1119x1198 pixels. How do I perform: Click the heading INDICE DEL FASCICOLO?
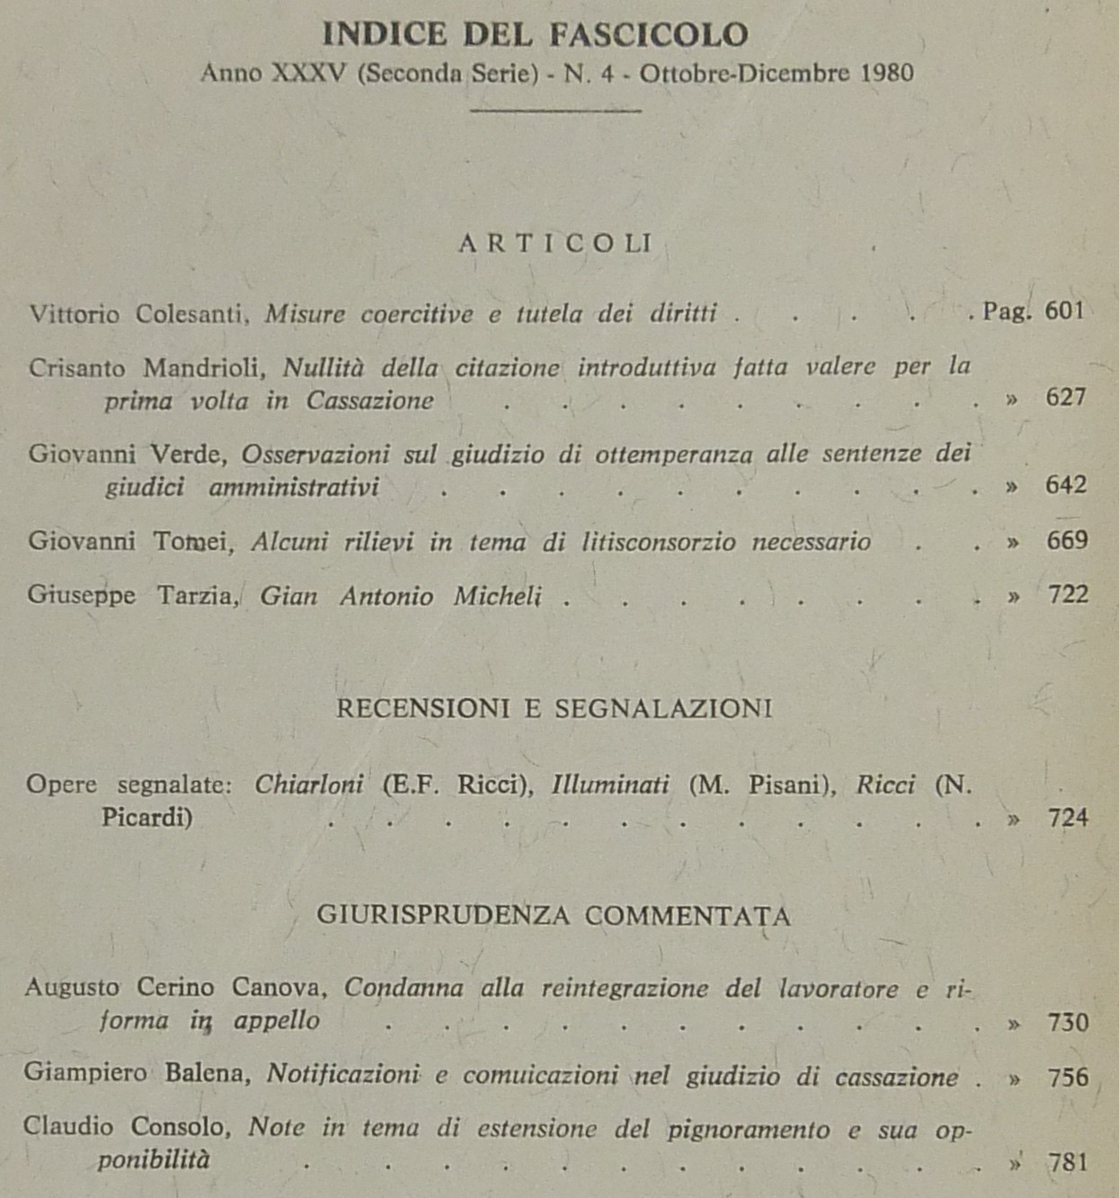coord(535,35)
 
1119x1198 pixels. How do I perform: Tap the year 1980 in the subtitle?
coord(886,74)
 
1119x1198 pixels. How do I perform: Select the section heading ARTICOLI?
coord(555,244)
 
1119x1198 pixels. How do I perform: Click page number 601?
coord(1065,311)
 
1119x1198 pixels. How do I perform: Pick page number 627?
coord(1066,396)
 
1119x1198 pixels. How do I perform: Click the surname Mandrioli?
coord(203,368)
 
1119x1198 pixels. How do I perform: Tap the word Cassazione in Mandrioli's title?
coord(369,400)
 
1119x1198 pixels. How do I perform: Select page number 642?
coord(1066,485)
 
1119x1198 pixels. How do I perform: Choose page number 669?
coord(1067,540)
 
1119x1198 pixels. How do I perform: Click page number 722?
coord(1068,594)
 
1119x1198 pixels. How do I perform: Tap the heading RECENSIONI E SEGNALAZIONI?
coord(554,709)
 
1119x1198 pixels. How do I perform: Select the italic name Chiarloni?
coord(309,785)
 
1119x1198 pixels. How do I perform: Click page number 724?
coord(1068,818)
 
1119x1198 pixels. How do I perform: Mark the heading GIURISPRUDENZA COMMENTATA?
coord(554,916)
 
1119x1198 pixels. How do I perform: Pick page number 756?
coord(1068,1077)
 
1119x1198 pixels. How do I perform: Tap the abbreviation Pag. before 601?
coord(1007,312)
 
